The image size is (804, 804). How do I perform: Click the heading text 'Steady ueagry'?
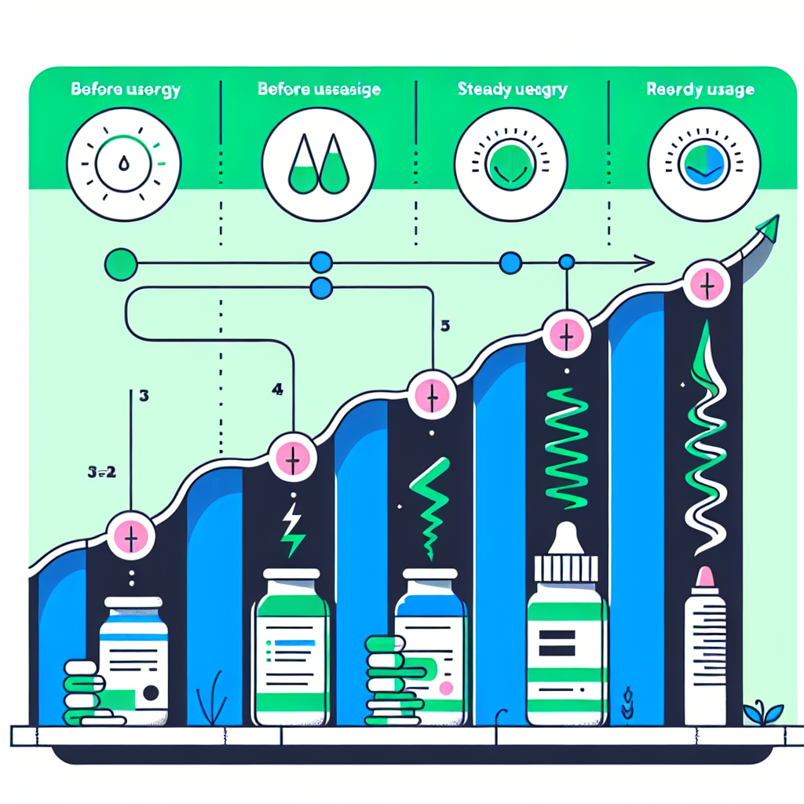[511, 90]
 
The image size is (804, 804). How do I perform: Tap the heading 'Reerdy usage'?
[700, 90]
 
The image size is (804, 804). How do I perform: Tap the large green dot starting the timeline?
[120, 263]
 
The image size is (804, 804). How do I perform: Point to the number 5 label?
[445, 327]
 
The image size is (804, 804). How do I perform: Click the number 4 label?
[277, 389]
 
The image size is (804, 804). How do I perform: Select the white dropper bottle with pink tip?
[705, 648]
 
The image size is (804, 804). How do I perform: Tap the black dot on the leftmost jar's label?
[152, 693]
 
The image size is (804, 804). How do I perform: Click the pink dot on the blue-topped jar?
[447, 689]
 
